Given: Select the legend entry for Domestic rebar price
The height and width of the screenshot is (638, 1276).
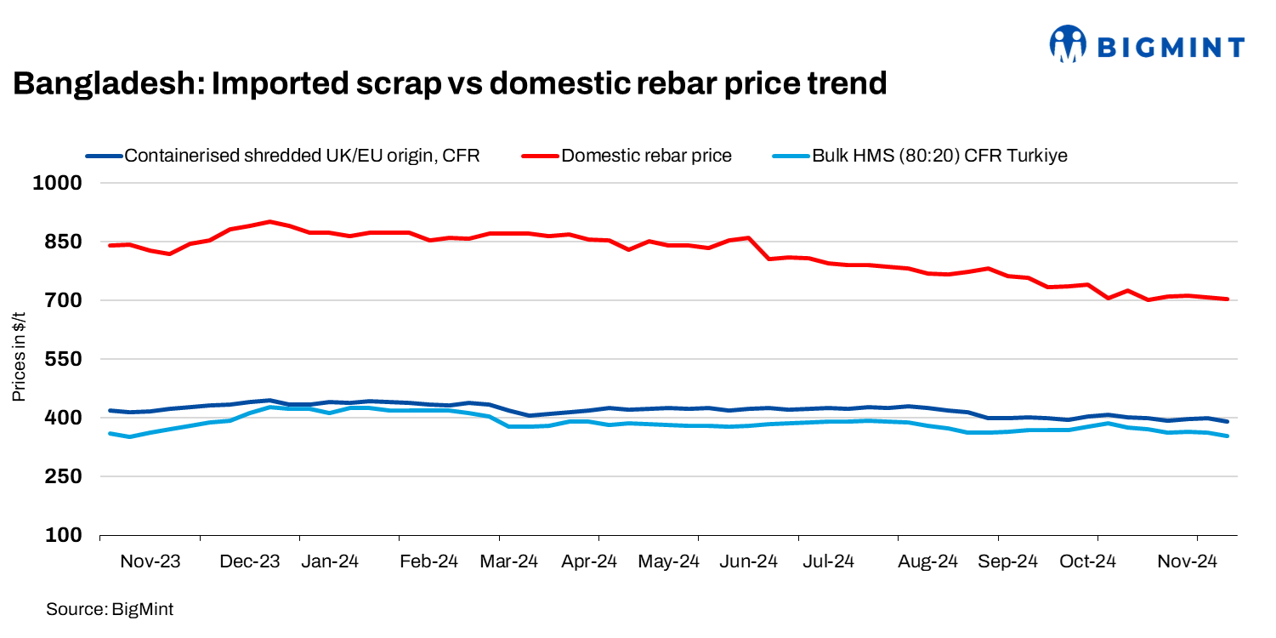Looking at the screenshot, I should pyautogui.click(x=646, y=156).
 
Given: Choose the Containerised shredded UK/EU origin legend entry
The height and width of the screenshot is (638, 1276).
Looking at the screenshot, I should pyautogui.click(x=302, y=156).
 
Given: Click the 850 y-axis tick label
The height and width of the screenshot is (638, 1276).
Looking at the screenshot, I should pyautogui.click(x=65, y=242).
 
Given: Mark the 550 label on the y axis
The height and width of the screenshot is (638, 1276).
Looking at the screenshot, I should pyautogui.click(x=65, y=360).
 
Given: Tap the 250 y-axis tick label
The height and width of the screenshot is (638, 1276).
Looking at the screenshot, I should pyautogui.click(x=65, y=477).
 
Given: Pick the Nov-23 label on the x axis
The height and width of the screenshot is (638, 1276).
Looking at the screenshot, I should pyautogui.click(x=150, y=561).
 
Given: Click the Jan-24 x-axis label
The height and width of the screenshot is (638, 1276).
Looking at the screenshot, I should pyautogui.click(x=330, y=561).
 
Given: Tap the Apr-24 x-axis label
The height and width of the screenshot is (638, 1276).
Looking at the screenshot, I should pyautogui.click(x=588, y=561).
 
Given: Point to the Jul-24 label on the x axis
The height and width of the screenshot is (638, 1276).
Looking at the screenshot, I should pyautogui.click(x=828, y=561).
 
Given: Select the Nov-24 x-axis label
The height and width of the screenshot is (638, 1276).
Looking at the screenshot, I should pyautogui.click(x=1188, y=561).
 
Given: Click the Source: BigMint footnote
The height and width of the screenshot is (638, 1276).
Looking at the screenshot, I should pyautogui.click(x=110, y=609).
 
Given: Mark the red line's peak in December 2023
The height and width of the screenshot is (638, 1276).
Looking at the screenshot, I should pyautogui.click(x=269, y=221).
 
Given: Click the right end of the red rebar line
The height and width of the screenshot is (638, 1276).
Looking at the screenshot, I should pyautogui.click(x=1228, y=299).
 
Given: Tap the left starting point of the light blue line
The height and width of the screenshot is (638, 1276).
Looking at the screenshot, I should pyautogui.click(x=110, y=433).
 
